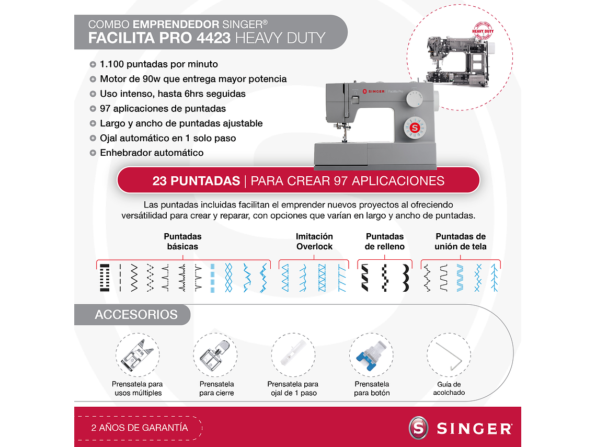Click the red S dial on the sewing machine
click(x=415, y=128)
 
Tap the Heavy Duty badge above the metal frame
click(x=483, y=31)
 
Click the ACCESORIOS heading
click(x=136, y=315)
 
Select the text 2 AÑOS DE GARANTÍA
click(x=140, y=428)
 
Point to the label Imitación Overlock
click(x=314, y=242)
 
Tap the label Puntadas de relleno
click(x=385, y=242)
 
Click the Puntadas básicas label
click(x=182, y=242)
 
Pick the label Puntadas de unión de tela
click(x=461, y=242)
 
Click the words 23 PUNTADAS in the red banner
click(x=196, y=181)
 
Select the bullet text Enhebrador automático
click(x=152, y=153)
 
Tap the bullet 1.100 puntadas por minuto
click(x=159, y=64)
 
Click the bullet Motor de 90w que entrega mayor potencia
click(x=193, y=79)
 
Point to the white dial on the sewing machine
click(x=415, y=99)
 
